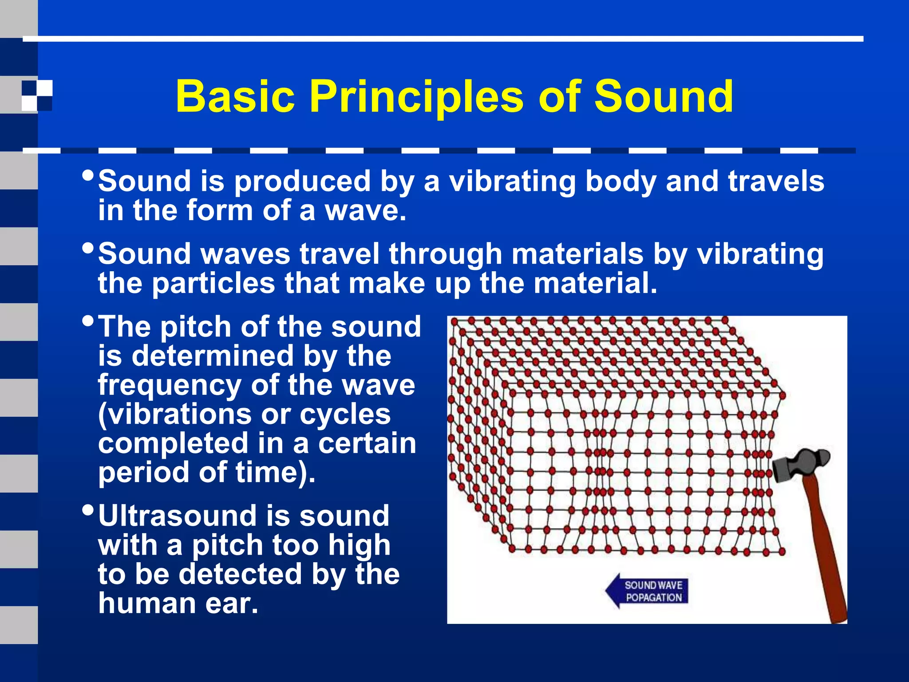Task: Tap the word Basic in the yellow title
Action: [235, 97]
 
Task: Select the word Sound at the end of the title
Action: [664, 97]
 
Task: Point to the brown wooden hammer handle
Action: [826, 555]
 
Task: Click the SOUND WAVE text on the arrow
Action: [653, 585]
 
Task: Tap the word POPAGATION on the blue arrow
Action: [653, 598]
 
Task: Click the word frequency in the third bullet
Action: [170, 385]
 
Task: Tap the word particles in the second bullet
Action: [213, 283]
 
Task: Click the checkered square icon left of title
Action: [37, 95]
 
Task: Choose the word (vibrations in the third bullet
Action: [175, 415]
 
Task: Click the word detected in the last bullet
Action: [240, 575]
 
